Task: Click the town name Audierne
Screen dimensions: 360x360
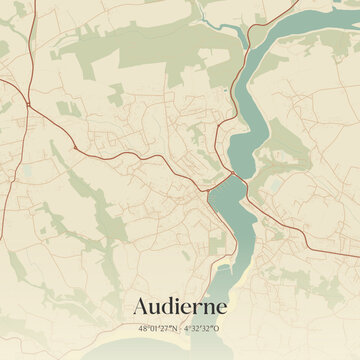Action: pyautogui.click(x=180, y=306)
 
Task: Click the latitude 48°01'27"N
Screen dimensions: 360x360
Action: pyautogui.click(x=158, y=327)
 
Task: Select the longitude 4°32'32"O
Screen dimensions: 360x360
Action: pyautogui.click(x=203, y=327)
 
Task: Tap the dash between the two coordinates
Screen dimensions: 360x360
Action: pyautogui.click(x=181, y=327)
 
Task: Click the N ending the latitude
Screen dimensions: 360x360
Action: pyautogui.click(x=175, y=327)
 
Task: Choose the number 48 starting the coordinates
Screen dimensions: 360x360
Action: pyautogui.click(x=143, y=327)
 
